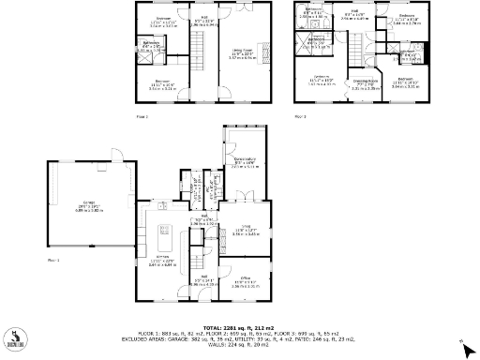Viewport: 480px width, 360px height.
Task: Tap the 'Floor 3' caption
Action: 301,116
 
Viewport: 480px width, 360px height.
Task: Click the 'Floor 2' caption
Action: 142,116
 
